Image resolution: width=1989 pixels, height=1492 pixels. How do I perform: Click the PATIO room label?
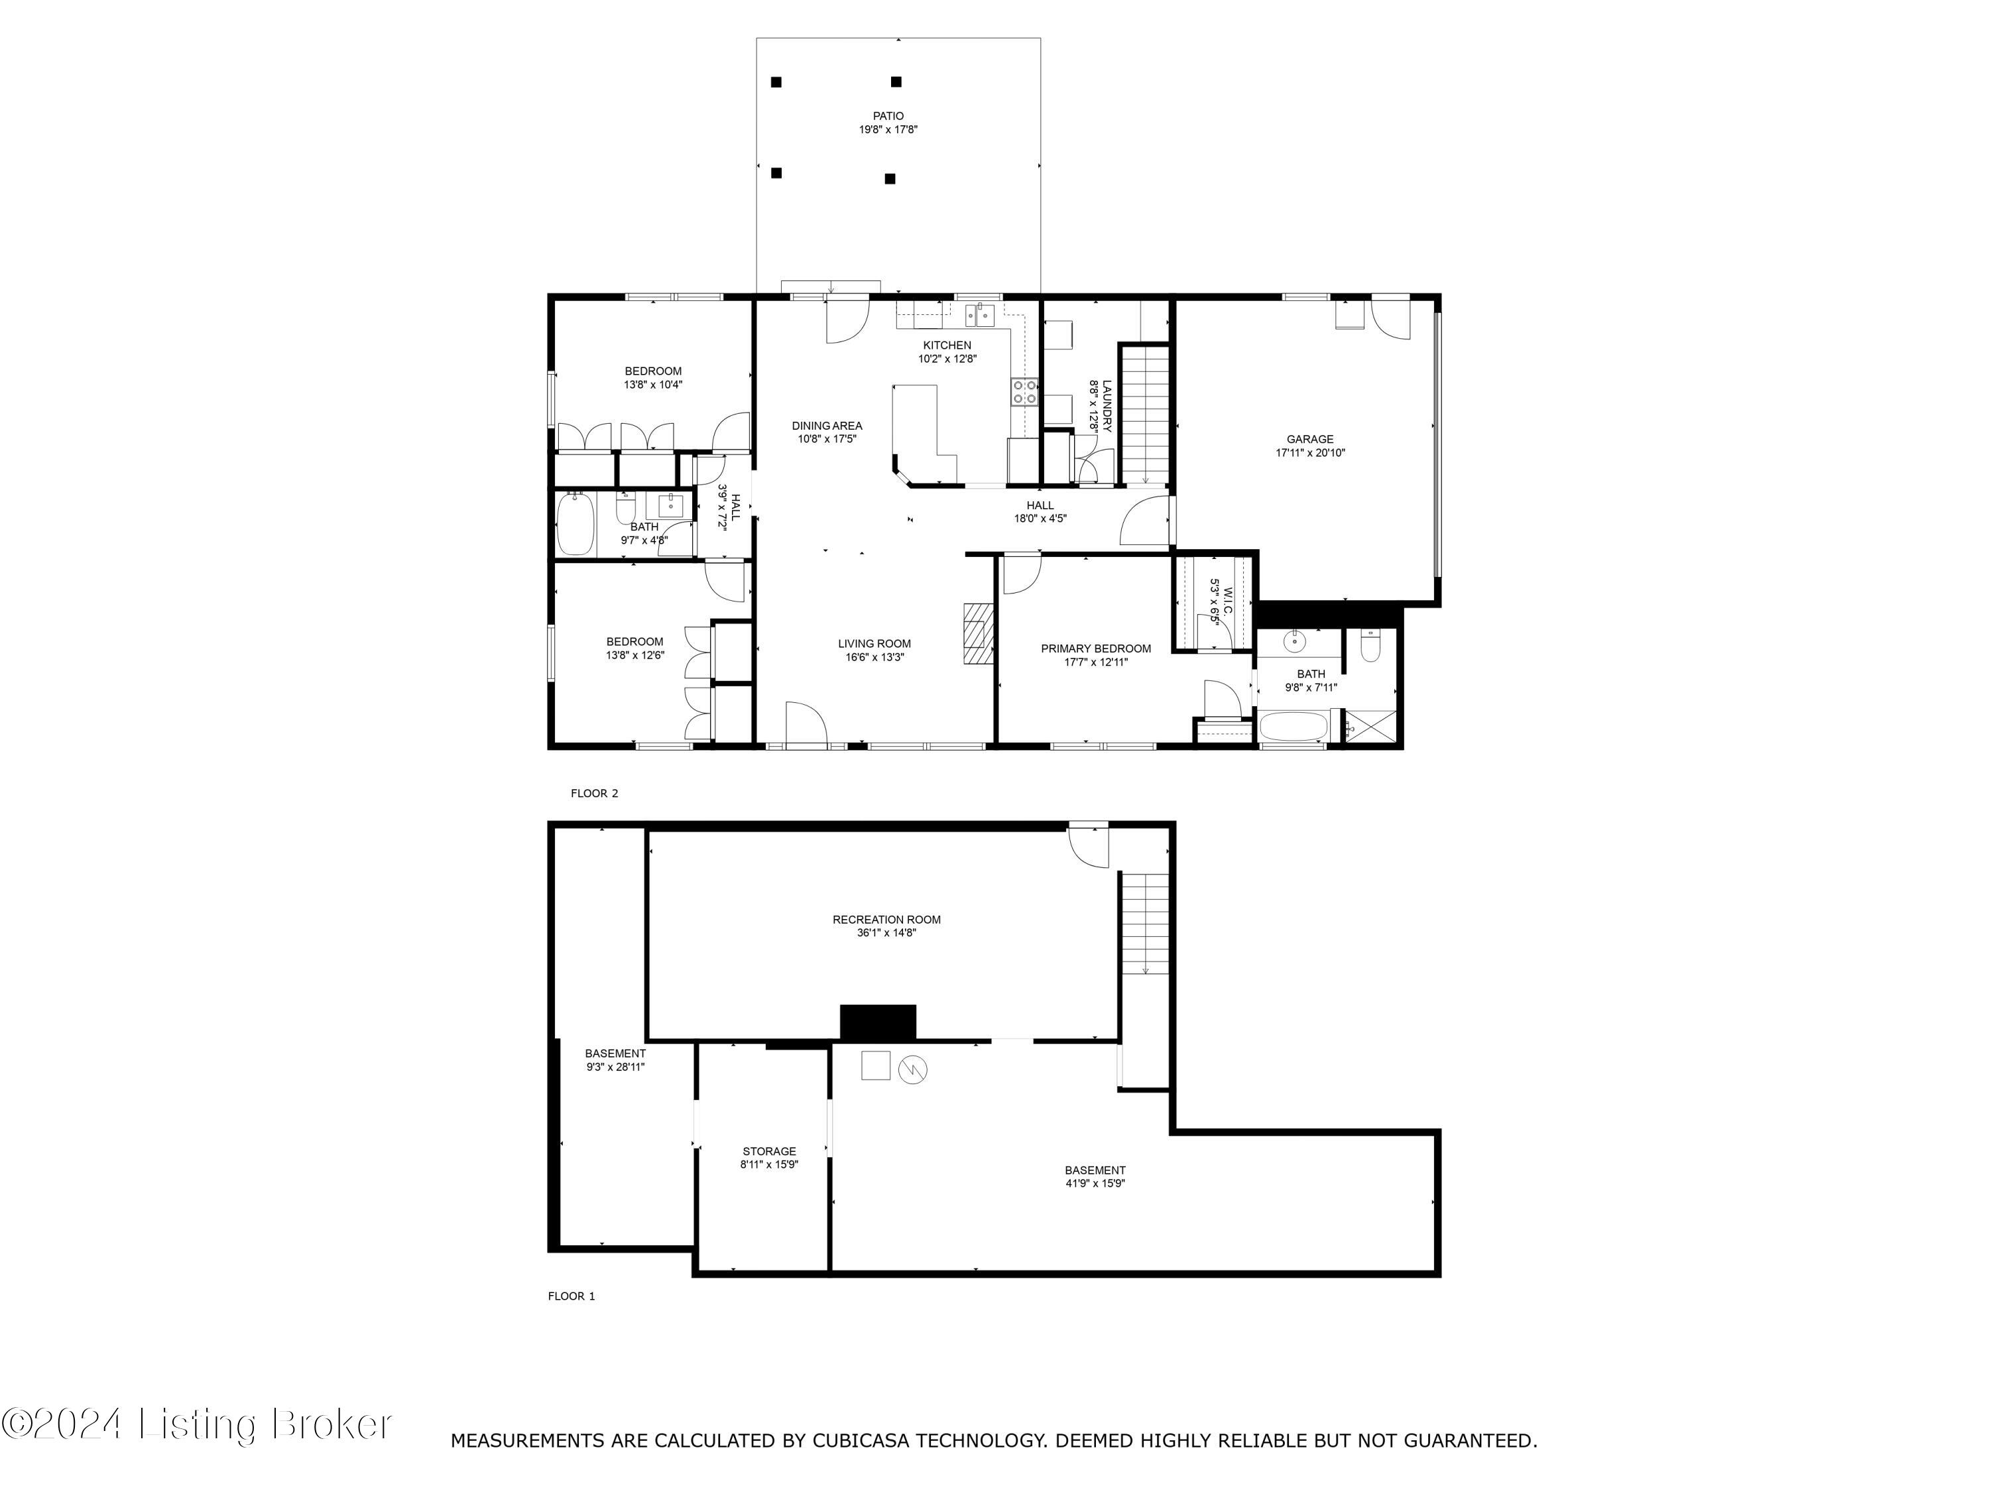tap(888, 116)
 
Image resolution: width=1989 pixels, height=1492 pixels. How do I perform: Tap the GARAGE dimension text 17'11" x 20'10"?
tap(1310, 454)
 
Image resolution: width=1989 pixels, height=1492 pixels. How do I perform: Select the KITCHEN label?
tap(947, 345)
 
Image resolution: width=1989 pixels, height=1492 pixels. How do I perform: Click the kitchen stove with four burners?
tap(1025, 392)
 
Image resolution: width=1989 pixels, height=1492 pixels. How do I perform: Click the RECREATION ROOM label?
tap(886, 919)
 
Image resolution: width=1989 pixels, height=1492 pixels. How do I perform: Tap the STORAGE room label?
tap(769, 1151)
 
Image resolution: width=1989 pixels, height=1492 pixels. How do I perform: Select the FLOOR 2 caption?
tap(594, 793)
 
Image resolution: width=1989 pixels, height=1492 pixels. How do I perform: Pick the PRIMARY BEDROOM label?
tap(1095, 649)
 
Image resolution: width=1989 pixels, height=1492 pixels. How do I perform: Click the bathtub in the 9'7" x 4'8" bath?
tap(575, 525)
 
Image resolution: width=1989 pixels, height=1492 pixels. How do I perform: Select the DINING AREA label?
tap(826, 426)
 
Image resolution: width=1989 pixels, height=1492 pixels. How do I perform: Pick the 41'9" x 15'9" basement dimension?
tap(1095, 1184)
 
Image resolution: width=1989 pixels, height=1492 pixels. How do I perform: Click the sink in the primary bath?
tap(1294, 641)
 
